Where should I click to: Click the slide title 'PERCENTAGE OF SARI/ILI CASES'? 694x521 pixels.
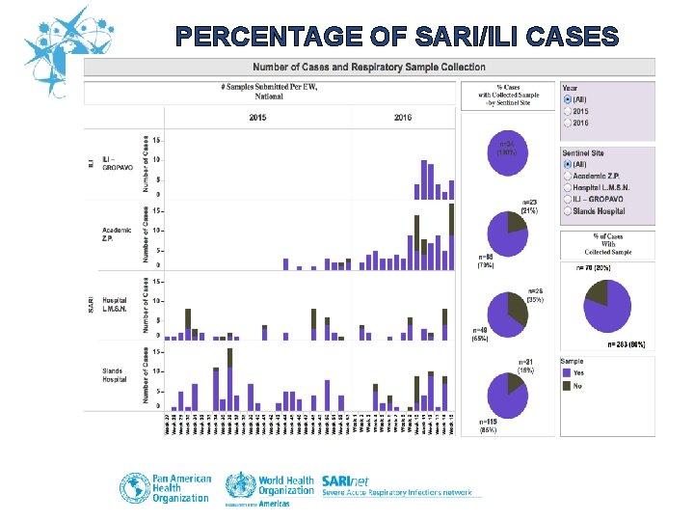point(397,38)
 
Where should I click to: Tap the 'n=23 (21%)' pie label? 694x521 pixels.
point(528,205)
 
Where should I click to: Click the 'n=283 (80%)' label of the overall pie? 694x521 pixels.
point(626,343)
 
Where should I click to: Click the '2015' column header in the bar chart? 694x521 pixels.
point(257,117)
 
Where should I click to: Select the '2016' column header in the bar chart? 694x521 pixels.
point(404,117)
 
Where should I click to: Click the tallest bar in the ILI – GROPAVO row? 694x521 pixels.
point(422,178)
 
